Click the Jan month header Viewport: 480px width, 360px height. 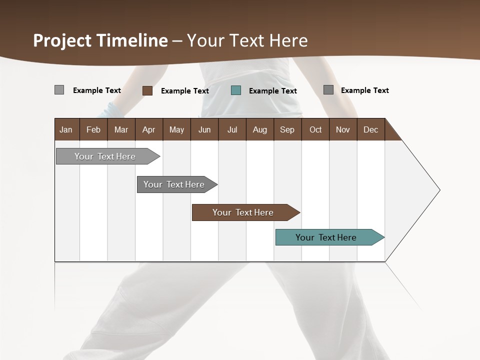click(x=66, y=130)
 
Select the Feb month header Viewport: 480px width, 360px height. click(x=93, y=130)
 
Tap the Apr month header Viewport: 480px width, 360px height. click(x=149, y=130)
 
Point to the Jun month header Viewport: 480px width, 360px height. click(x=204, y=130)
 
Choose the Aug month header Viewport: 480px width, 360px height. click(x=260, y=130)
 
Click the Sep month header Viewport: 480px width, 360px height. click(x=287, y=130)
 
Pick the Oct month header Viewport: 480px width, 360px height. click(x=315, y=130)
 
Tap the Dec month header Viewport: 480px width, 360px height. click(x=371, y=130)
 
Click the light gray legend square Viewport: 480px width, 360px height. click(x=59, y=90)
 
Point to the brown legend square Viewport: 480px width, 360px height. click(x=147, y=90)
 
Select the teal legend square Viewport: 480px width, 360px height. click(x=236, y=90)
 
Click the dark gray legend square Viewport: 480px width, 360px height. click(x=328, y=90)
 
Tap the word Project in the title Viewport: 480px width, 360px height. click(x=62, y=40)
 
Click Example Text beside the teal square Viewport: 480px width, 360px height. click(x=273, y=91)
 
